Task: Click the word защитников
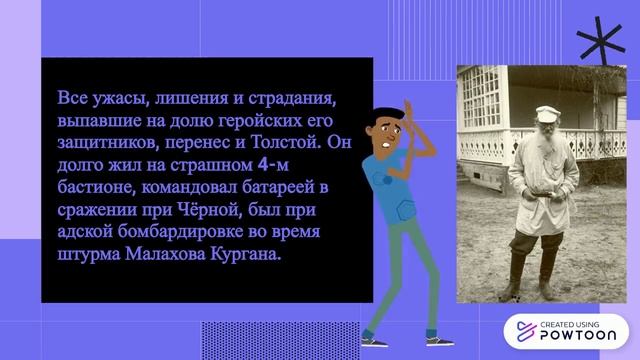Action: [104, 141]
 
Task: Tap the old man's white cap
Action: [544, 112]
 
